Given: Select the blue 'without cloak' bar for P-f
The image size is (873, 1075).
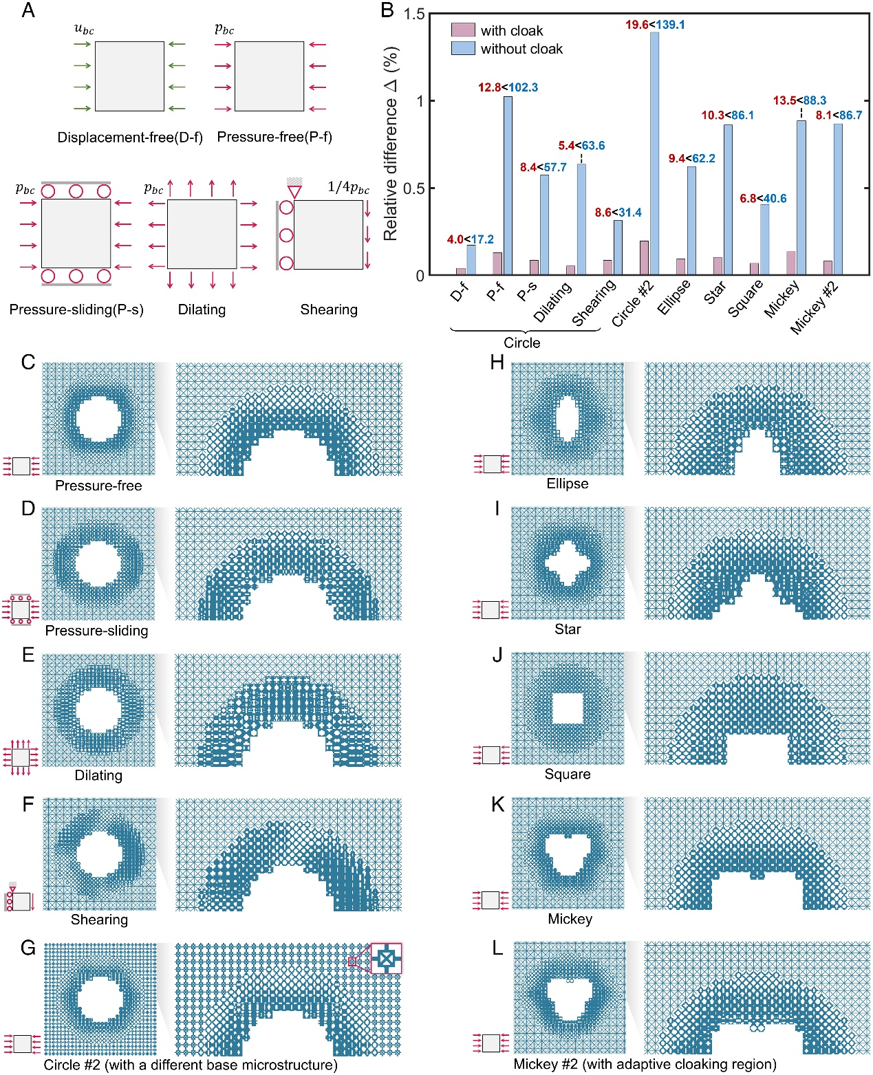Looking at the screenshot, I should pos(508,186).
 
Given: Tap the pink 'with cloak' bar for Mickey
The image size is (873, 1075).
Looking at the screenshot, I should pos(790,263).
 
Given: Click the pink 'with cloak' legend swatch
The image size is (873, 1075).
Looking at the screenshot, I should pos(463,30).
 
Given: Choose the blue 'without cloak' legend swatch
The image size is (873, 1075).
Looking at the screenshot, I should pos(463,48).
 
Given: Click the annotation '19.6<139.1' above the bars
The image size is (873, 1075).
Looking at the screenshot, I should pos(655,25).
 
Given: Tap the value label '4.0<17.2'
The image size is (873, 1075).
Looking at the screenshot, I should pos(471,239).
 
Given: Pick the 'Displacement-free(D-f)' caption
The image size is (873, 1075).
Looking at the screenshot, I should pos(130,138).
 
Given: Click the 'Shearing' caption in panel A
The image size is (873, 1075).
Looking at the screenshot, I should pos(329,310).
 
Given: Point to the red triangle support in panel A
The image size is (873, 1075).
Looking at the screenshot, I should pos(294,191).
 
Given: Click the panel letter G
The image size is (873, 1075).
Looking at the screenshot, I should pos(28,948).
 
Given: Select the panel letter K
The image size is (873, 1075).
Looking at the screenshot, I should pos(497,804).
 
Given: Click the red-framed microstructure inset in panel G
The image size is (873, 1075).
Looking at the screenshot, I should pos(386,958).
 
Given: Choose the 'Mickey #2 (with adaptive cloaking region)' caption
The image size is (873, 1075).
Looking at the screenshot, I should pos(645,1064).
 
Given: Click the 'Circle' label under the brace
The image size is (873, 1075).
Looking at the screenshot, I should pos(522,343).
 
